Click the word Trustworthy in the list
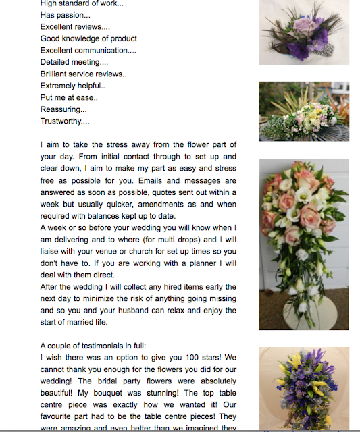tap(62, 122)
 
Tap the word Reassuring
tap(61, 109)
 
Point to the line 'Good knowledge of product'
tap(88, 38)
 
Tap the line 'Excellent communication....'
tap(88, 50)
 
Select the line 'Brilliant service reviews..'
tap(84, 74)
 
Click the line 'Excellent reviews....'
tap(75, 26)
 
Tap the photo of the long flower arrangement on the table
tap(304, 112)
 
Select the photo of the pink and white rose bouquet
tap(304, 244)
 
